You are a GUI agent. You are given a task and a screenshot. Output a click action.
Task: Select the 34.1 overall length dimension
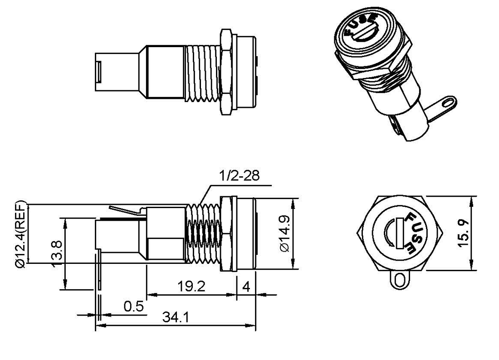coord(176,318)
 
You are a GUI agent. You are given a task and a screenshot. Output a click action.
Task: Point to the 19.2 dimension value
coord(191,287)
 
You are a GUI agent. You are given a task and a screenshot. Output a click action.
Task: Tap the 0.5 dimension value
coord(133,306)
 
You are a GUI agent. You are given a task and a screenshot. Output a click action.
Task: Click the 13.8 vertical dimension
coord(58,254)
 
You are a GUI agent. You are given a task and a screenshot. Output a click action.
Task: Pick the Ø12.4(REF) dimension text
coord(20,233)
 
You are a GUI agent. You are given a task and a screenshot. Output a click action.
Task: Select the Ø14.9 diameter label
coord(284,234)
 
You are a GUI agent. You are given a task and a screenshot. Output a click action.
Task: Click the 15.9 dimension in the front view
coord(463,234)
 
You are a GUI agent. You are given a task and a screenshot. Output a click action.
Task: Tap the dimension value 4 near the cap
coord(246,287)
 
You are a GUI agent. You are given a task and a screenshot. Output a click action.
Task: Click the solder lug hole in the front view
coord(399,280)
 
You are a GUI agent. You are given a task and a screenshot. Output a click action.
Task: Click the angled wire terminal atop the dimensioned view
coord(126,211)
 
